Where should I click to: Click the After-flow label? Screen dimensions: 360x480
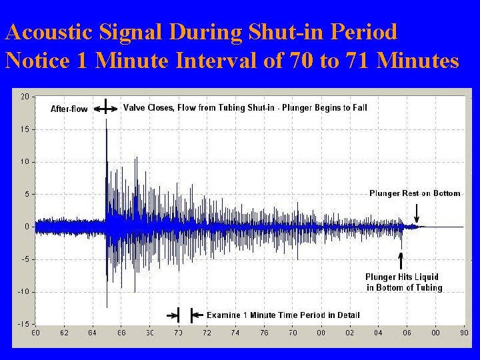(x=69, y=109)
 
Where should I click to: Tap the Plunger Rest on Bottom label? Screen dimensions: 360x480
(x=415, y=193)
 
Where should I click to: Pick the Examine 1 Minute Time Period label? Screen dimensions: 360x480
(x=283, y=315)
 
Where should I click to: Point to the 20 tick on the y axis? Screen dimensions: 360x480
(x=25, y=97)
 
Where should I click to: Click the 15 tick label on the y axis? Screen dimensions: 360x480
(x=25, y=129)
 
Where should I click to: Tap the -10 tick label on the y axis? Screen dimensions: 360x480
(x=23, y=292)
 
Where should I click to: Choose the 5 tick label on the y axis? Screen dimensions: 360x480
(x=26, y=195)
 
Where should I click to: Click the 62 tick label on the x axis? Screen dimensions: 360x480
(x=64, y=332)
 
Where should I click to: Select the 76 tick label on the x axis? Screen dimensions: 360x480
(x=264, y=332)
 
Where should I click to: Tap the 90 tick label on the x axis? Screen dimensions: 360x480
(x=463, y=332)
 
